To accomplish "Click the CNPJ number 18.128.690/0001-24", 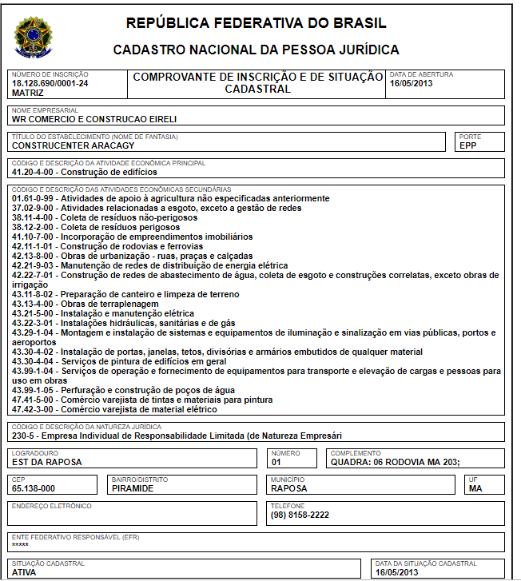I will [50, 83].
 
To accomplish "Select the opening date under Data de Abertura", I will [412, 83].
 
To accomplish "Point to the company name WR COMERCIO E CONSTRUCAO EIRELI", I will [94, 119].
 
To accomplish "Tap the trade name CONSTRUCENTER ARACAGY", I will [73, 146].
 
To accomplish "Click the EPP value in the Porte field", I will [467, 146].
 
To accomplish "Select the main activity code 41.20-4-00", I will [36, 172].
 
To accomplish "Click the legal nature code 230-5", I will [25, 436].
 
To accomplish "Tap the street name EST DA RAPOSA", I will [47, 462].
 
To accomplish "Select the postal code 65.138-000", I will [34, 488].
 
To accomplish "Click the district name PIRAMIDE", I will [133, 488].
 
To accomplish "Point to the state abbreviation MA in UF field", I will [476, 488].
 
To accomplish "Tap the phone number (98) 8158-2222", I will [300, 515].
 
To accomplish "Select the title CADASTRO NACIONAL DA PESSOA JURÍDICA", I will [256, 50].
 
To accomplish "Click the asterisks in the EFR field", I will [21, 545].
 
